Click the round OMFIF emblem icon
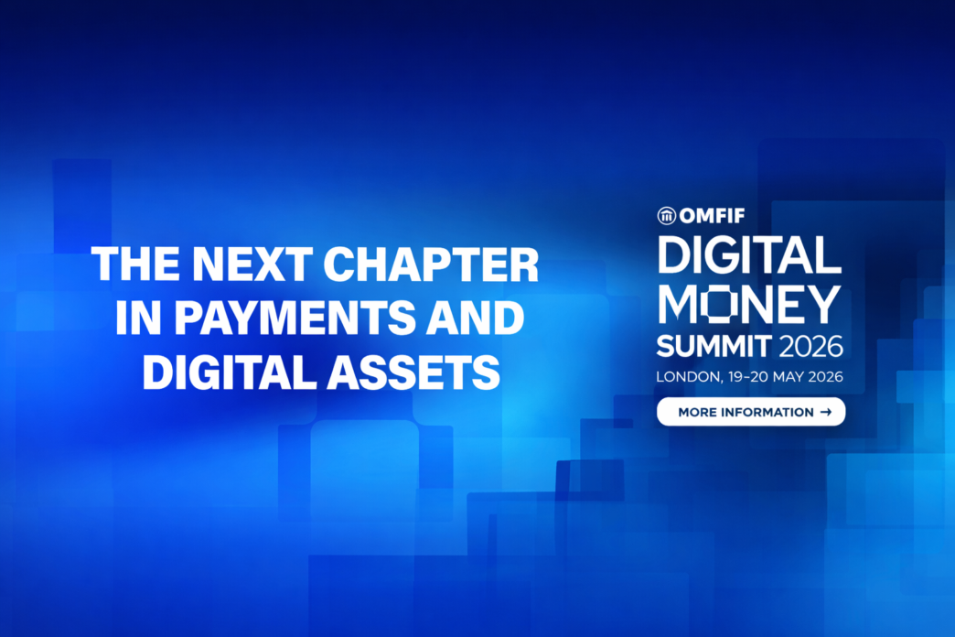(x=666, y=216)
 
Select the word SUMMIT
(x=714, y=347)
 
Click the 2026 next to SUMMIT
(x=810, y=347)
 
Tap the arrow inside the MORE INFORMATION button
(x=825, y=412)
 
